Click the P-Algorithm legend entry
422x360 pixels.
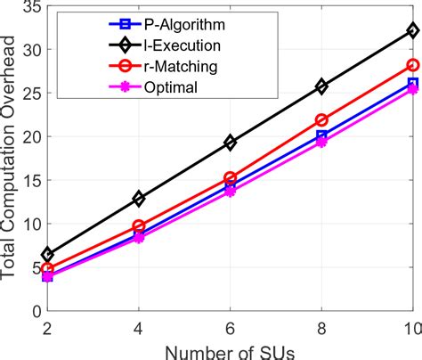pos(184,25)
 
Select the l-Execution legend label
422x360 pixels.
pos(183,45)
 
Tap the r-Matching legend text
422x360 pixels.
pos(181,67)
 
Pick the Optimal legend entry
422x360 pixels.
pos(171,87)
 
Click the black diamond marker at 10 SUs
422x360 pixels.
pos(413,30)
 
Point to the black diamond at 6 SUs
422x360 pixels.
pos(231,143)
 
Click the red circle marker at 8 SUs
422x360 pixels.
pos(321,120)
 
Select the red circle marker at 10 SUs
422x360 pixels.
pos(413,65)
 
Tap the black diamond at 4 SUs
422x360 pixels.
pos(139,199)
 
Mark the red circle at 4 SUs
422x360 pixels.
pos(139,226)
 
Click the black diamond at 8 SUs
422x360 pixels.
pos(321,86)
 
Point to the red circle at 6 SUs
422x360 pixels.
pos(231,178)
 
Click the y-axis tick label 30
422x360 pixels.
pos(33,50)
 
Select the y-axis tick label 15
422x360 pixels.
pos(33,180)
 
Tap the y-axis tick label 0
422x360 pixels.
pos(37,311)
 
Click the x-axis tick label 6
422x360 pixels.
pos(231,329)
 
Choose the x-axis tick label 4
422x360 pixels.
pos(139,329)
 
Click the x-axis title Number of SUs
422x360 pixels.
pos(230,353)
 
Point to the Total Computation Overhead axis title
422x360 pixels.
pos(8,158)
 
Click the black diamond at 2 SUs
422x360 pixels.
pos(47,255)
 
